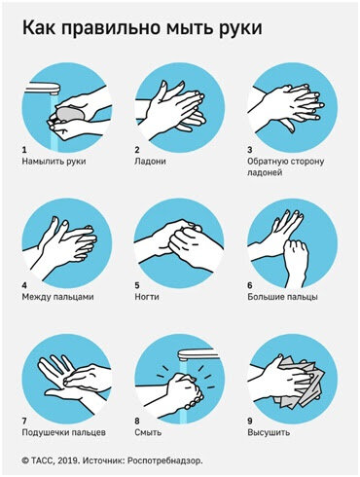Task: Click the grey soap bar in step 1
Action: pos(71,114)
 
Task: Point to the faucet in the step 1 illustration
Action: pos(42,88)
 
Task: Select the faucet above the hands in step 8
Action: pos(196,354)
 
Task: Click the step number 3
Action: pos(250,150)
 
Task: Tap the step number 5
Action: pos(137,285)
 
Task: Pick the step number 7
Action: pos(24,422)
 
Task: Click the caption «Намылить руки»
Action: pos(54,162)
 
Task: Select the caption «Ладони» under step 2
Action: pos(150,162)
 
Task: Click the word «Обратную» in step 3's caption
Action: pos(267,162)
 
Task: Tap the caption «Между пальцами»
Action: pos(57,297)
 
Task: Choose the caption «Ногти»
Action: pos(147,297)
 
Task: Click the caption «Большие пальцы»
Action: pos(282,297)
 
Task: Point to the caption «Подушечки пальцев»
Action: pos(64,432)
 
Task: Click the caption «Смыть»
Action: pos(148,432)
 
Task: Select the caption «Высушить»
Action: pos(269,432)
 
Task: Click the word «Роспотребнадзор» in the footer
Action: pos(164,460)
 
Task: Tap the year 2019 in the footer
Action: pos(70,460)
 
